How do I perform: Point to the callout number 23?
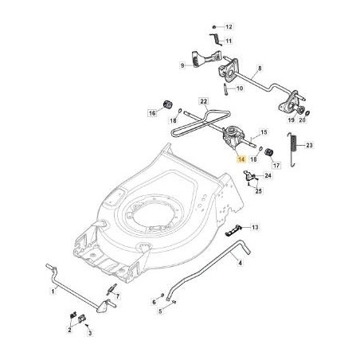pos(333,145)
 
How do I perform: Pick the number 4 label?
pos(242,260)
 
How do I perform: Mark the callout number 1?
pos(53,293)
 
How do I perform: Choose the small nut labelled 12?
pos(214,26)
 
